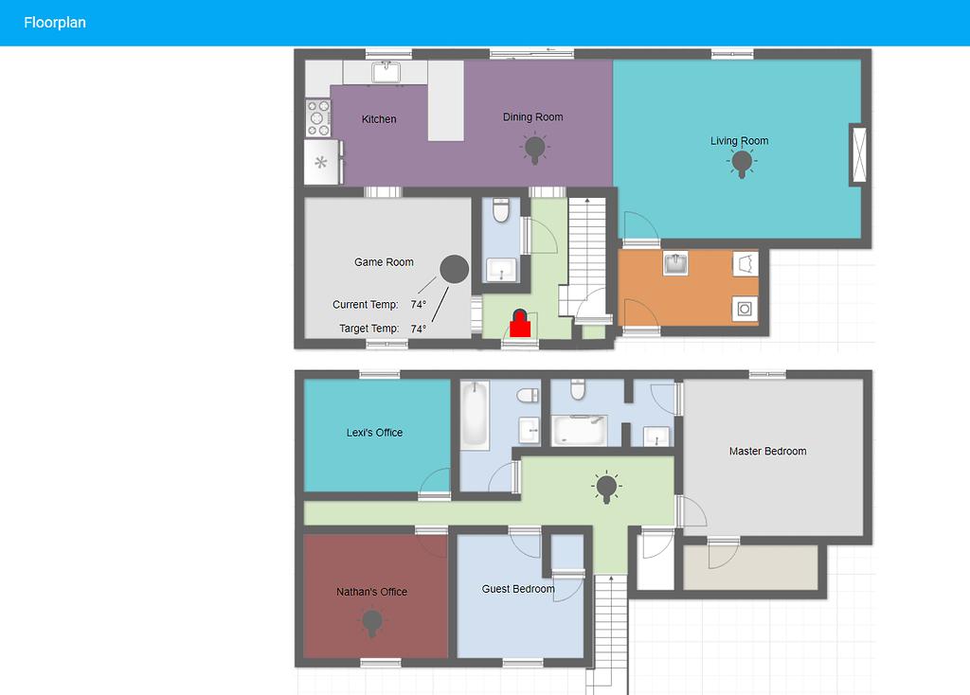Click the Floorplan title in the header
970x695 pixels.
coord(55,23)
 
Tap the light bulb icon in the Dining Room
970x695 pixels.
coord(535,147)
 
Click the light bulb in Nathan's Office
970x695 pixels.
coord(372,621)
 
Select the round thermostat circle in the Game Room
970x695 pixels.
coord(455,270)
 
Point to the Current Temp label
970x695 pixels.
coord(365,305)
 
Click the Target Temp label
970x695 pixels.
coord(368,330)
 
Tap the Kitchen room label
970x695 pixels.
coord(379,119)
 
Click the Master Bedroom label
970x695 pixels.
coord(767,452)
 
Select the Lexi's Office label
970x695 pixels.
coord(374,433)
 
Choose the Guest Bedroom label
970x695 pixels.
coord(518,589)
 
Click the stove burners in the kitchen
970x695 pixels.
coord(317,118)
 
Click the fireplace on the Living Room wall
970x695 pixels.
coord(859,154)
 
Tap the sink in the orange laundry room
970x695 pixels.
coord(675,263)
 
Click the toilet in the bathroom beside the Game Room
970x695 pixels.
coord(502,209)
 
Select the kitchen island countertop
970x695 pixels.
coord(445,100)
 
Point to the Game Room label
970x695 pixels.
coord(384,262)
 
